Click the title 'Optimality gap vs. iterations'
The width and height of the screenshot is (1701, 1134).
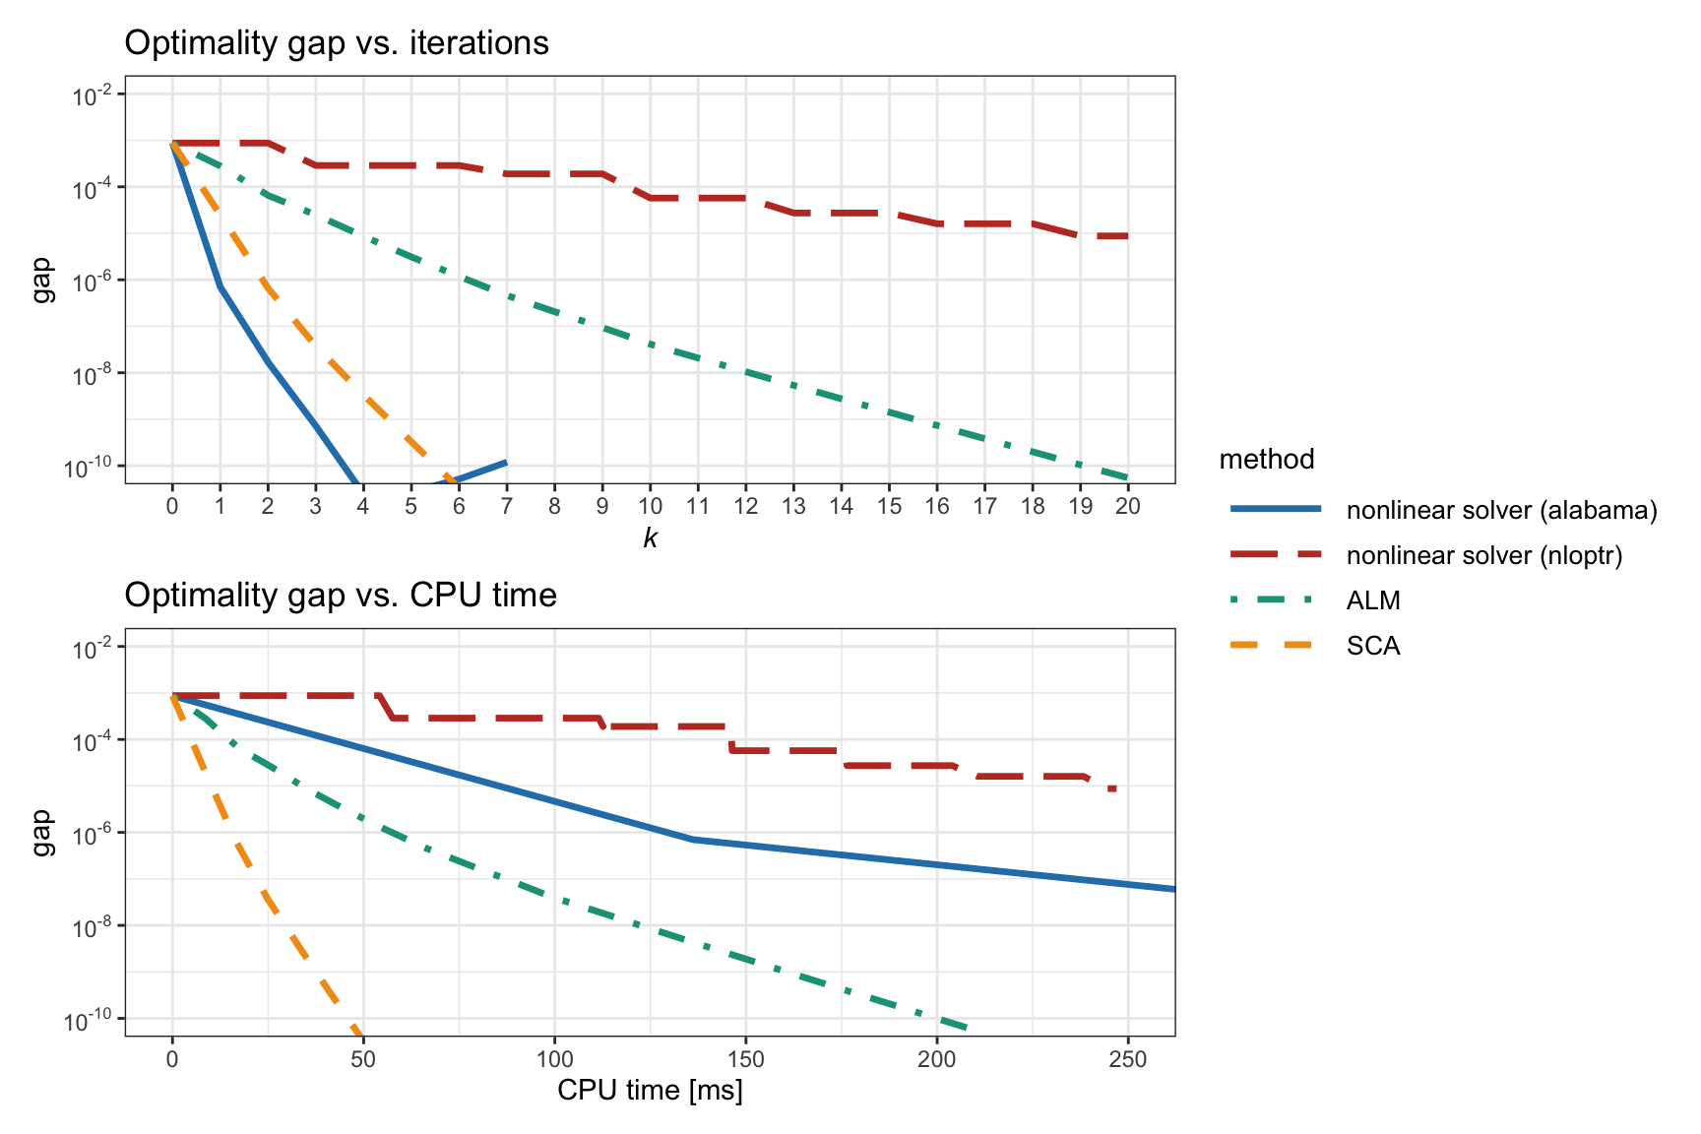337,43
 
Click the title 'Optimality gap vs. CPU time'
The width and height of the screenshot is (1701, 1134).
341,596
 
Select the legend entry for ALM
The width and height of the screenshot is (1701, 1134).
1373,600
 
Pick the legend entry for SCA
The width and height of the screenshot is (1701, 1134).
1373,646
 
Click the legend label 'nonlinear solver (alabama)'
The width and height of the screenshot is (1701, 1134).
1502,510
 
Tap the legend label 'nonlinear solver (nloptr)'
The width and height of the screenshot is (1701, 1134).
1484,555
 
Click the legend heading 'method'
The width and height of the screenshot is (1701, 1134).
1267,460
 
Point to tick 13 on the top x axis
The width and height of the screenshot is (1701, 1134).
793,506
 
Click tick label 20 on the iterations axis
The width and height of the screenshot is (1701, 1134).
1128,506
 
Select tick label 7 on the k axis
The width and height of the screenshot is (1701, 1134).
507,506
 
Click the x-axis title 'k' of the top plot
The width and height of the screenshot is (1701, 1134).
650,537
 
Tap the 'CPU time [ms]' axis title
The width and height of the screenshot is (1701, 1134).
650,1091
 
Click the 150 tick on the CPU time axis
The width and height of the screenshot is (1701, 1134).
745,1059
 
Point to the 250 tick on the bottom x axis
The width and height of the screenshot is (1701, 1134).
1128,1059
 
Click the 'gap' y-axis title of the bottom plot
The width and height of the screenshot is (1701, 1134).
42,833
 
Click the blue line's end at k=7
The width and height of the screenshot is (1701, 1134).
506,462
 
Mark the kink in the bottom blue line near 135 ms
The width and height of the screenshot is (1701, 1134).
692,839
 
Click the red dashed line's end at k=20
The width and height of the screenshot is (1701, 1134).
1127,236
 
